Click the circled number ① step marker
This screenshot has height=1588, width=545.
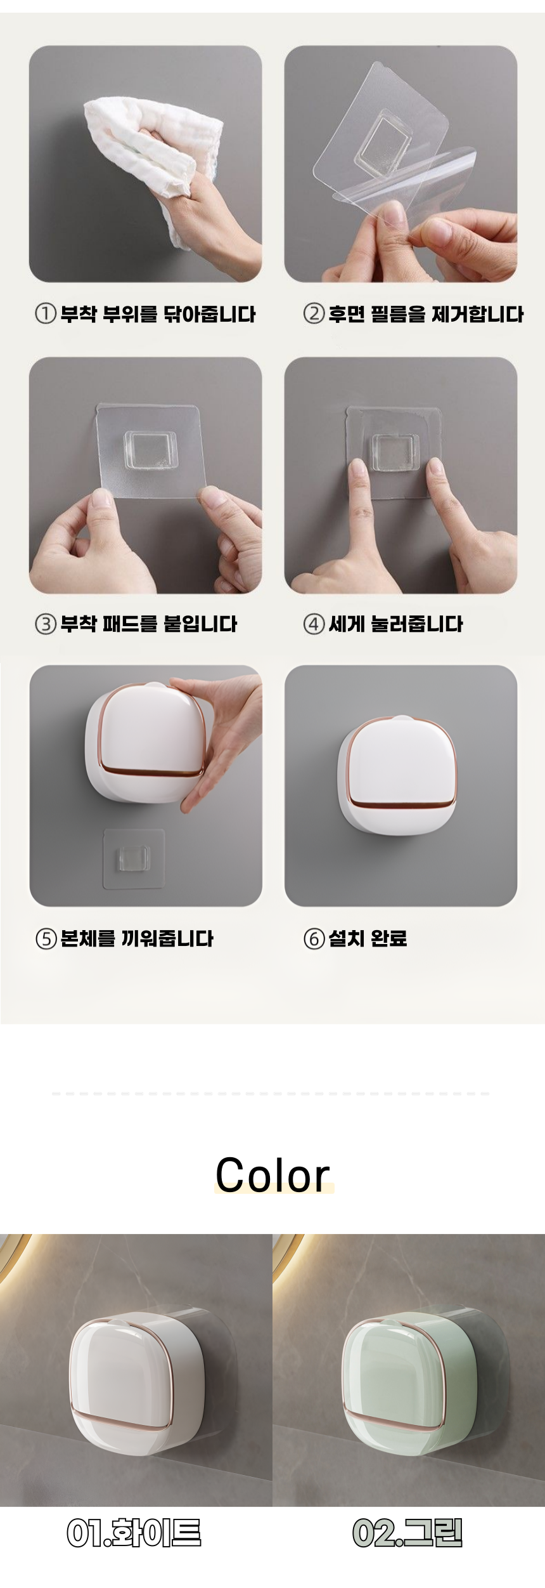click(x=45, y=314)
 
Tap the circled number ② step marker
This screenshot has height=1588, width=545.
click(x=314, y=314)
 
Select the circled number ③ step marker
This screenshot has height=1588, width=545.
click(x=45, y=624)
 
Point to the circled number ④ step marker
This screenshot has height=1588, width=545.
click(x=314, y=624)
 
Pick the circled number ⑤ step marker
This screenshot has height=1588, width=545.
click(x=45, y=938)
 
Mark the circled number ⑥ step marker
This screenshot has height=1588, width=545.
click(x=314, y=938)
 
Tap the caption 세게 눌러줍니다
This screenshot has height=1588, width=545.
click(x=395, y=624)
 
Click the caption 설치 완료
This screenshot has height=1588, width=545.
click(x=368, y=938)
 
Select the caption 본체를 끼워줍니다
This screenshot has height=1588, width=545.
click(x=137, y=938)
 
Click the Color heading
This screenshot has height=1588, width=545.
click(x=273, y=1174)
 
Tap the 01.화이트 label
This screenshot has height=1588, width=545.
click(x=134, y=1533)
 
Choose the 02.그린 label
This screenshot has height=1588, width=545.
click(x=407, y=1533)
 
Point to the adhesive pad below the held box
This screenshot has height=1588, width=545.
click(x=134, y=859)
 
